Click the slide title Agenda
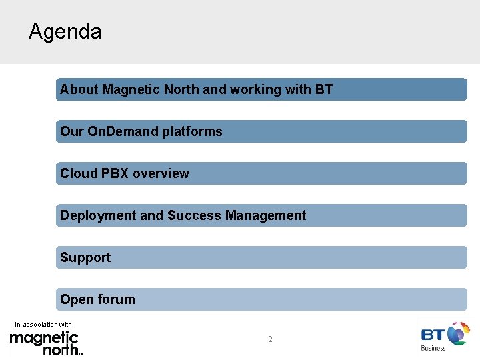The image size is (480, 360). [x=65, y=32]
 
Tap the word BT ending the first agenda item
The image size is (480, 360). [x=324, y=89]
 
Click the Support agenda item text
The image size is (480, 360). [x=85, y=257]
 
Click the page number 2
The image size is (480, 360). [x=270, y=339]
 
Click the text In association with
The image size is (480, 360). [x=43, y=325]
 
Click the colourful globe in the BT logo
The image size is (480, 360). [x=459, y=333]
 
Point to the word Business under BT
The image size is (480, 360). [x=433, y=347]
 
